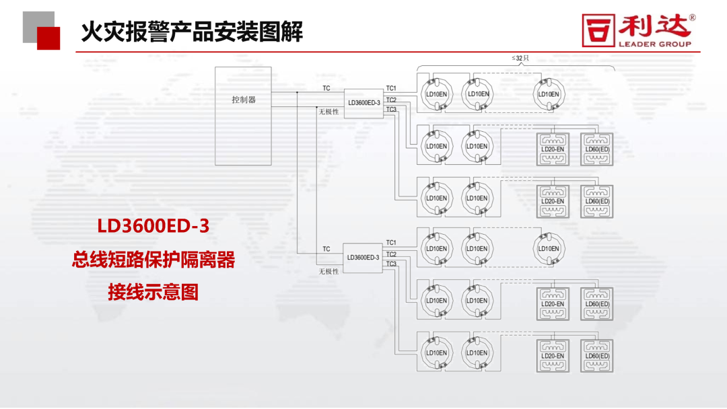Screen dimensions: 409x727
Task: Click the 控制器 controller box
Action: pyautogui.click(x=243, y=116)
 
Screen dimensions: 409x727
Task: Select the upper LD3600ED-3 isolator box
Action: pyautogui.click(x=363, y=103)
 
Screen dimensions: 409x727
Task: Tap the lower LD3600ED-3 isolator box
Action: pyautogui.click(x=363, y=257)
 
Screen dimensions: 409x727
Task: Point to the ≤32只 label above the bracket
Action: pyautogui.click(x=520, y=59)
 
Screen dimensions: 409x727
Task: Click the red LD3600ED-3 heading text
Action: pyautogui.click(x=153, y=226)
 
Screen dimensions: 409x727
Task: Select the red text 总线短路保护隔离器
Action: pyautogui.click(x=153, y=260)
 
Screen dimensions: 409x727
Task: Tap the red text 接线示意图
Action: pyautogui.click(x=153, y=293)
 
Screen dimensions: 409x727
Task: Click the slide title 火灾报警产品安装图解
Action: pyautogui.click(x=192, y=32)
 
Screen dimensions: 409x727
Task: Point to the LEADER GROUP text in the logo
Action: pyautogui.click(x=654, y=44)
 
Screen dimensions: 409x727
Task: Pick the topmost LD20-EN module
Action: pyautogui.click(x=553, y=149)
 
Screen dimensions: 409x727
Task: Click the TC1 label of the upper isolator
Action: pyautogui.click(x=391, y=89)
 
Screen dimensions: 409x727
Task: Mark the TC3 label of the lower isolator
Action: pyautogui.click(x=391, y=264)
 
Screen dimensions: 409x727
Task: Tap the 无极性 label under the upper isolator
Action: pyautogui.click(x=329, y=112)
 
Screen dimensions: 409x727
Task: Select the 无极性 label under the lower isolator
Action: pyautogui.click(x=329, y=271)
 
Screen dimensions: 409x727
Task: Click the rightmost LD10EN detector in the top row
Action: pyautogui.click(x=549, y=94)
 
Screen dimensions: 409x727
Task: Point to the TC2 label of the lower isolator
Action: pyautogui.click(x=391, y=254)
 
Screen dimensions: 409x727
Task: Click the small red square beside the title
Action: pyautogui.click(x=48, y=38)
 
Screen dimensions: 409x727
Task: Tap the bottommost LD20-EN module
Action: pyautogui.click(x=553, y=356)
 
